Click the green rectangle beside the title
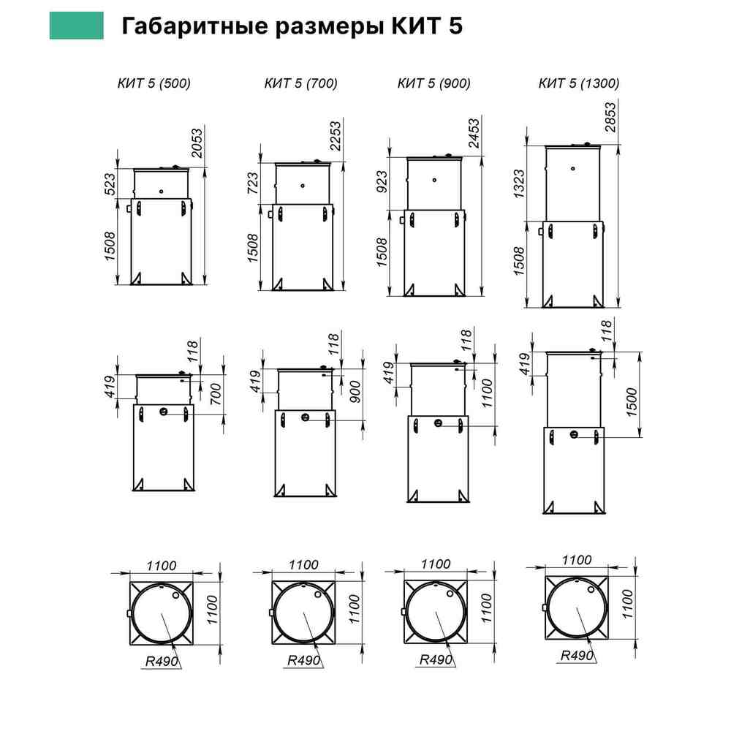pyautogui.click(x=77, y=26)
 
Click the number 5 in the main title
pyautogui.click(x=456, y=26)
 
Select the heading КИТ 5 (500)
pyautogui.click(x=154, y=83)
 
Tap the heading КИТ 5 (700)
pyautogui.click(x=300, y=83)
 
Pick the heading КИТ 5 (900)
pyautogui.click(x=433, y=83)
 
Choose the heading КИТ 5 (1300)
pyautogui.click(x=578, y=83)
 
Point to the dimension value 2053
pyautogui.click(x=197, y=143)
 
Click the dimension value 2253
pyautogui.click(x=336, y=136)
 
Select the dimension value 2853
pyautogui.click(x=610, y=118)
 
